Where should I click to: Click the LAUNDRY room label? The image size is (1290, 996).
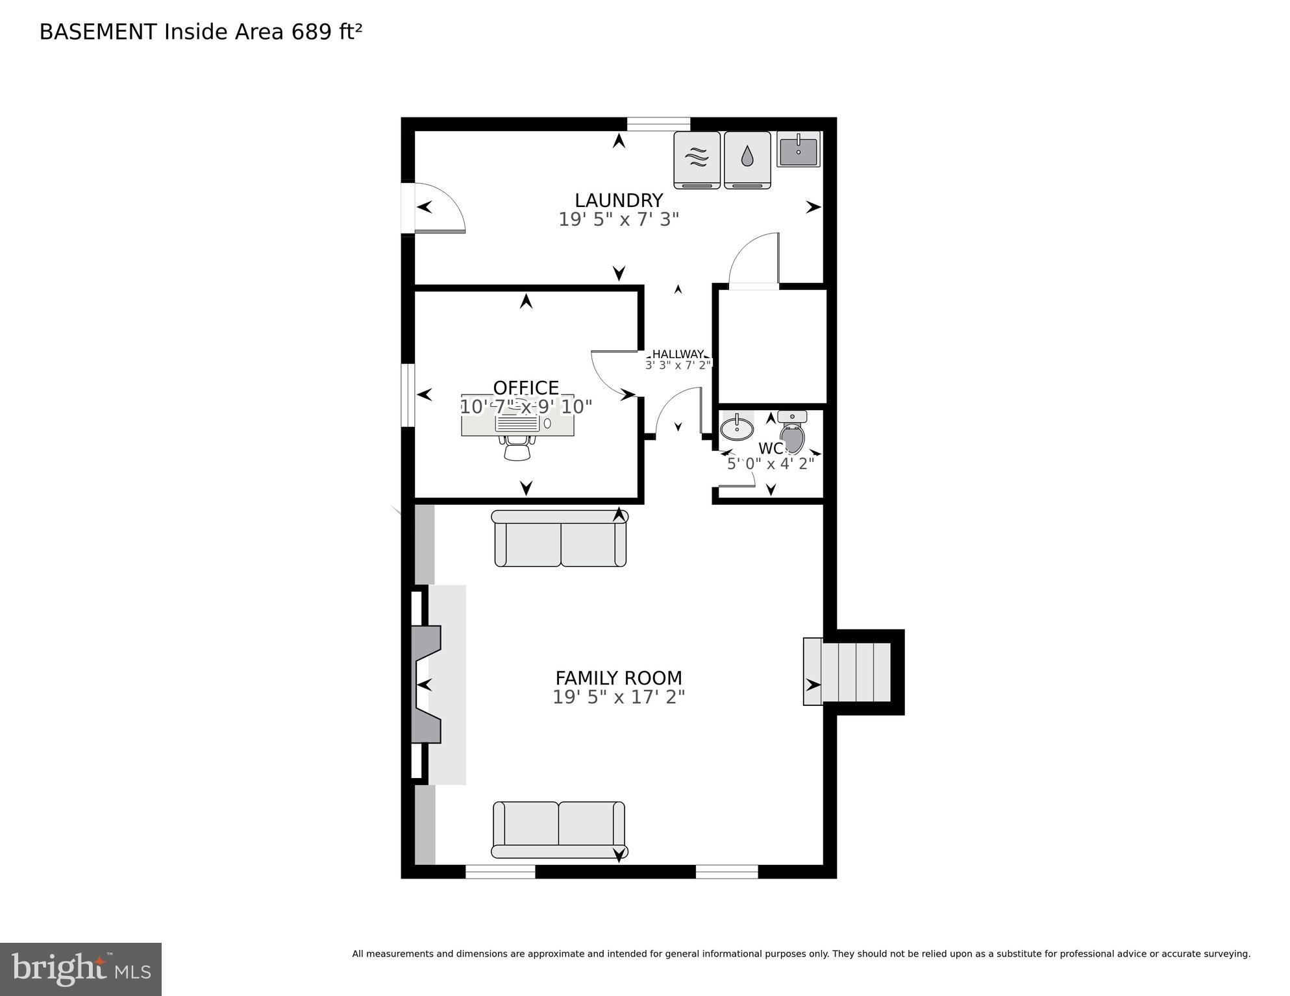[x=618, y=200]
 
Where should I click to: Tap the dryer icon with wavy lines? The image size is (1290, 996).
[x=697, y=159]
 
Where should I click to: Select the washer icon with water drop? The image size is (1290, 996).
[x=747, y=159]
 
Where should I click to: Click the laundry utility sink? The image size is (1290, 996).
[x=799, y=149]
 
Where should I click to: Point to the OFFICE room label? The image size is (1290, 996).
[x=526, y=387]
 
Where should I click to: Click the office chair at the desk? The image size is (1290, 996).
[x=517, y=448]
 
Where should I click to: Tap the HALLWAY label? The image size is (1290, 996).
[x=678, y=354]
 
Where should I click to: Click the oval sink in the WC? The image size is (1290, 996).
[x=737, y=428]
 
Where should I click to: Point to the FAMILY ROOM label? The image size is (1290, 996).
[x=618, y=678]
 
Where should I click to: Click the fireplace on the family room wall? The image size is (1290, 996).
[x=427, y=685]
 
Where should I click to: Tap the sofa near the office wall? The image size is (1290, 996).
[x=560, y=539]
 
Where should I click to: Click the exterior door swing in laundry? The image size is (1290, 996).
[x=440, y=208]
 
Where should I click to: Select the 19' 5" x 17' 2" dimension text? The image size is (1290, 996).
[x=618, y=698]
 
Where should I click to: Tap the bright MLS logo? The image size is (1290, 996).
[x=81, y=969]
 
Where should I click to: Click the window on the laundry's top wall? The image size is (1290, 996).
[x=658, y=123]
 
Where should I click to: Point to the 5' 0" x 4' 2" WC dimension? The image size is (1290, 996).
[x=770, y=464]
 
